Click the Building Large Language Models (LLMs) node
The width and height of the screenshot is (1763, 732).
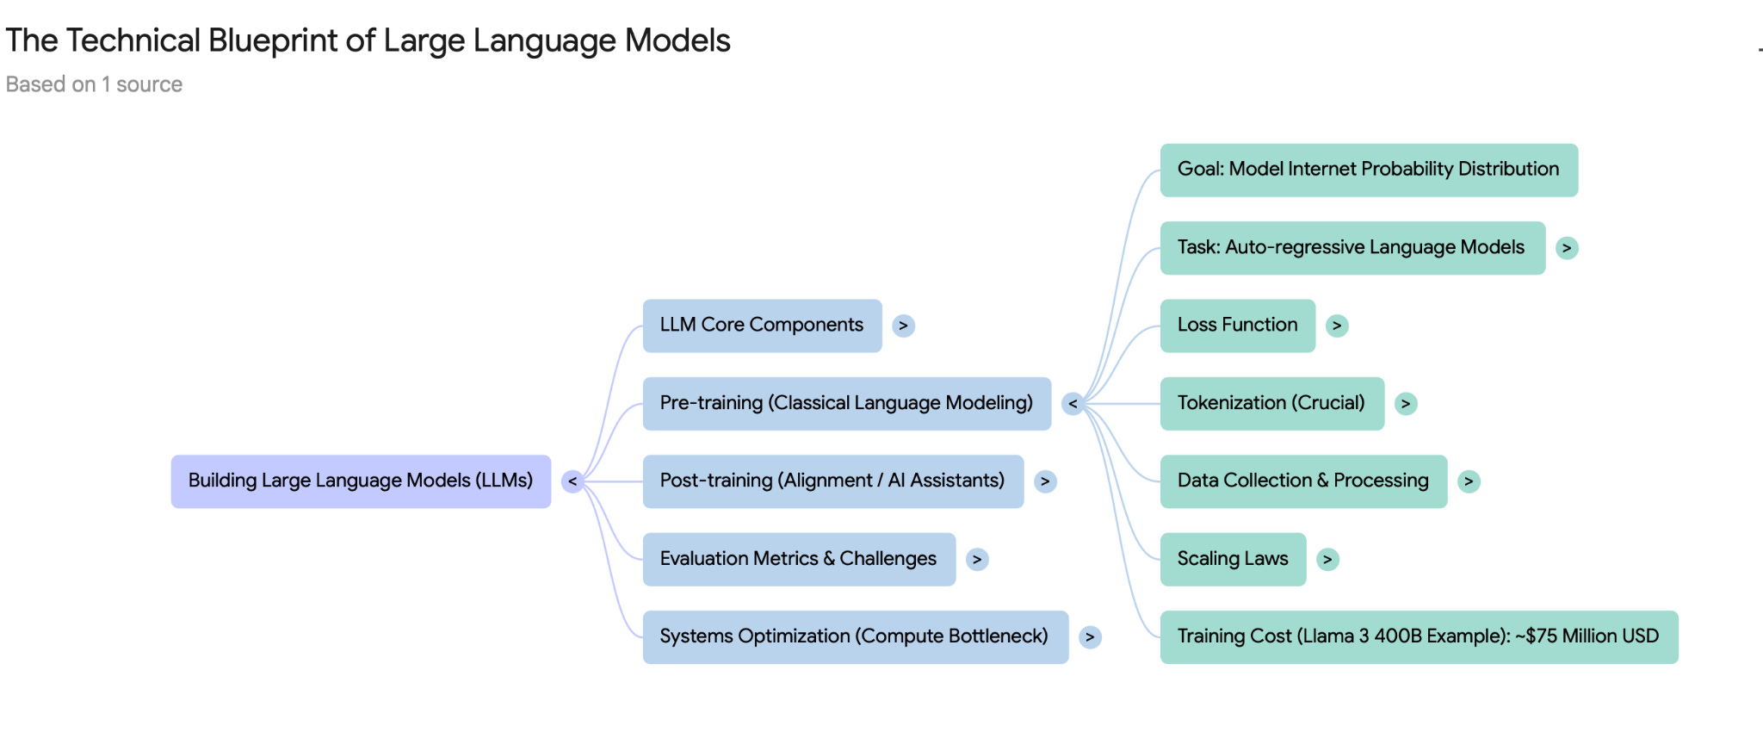click(361, 481)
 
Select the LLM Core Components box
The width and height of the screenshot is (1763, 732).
click(762, 326)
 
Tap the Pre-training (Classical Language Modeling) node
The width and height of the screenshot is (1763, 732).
click(846, 403)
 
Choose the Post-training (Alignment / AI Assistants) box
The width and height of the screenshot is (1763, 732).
click(832, 481)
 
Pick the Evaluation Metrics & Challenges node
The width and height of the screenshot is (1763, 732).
click(798, 559)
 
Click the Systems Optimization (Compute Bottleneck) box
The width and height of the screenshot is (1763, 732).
click(855, 636)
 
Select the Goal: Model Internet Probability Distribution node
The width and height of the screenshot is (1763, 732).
click(1368, 170)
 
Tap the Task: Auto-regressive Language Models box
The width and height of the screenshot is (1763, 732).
click(1352, 248)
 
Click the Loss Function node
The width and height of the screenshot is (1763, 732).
click(1237, 326)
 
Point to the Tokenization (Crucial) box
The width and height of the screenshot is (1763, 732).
click(1271, 403)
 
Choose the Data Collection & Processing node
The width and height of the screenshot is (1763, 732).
click(1303, 481)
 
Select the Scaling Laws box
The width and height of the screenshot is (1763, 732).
click(1233, 559)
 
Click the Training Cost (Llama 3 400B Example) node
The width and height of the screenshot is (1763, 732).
click(1418, 636)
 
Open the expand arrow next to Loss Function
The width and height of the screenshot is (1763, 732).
click(1337, 326)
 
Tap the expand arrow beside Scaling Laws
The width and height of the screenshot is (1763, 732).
click(1327, 559)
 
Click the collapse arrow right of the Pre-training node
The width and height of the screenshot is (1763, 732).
click(1073, 403)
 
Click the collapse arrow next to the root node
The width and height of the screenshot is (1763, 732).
click(572, 481)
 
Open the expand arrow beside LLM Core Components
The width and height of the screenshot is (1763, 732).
click(903, 326)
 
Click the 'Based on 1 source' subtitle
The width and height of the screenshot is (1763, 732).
click(94, 84)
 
